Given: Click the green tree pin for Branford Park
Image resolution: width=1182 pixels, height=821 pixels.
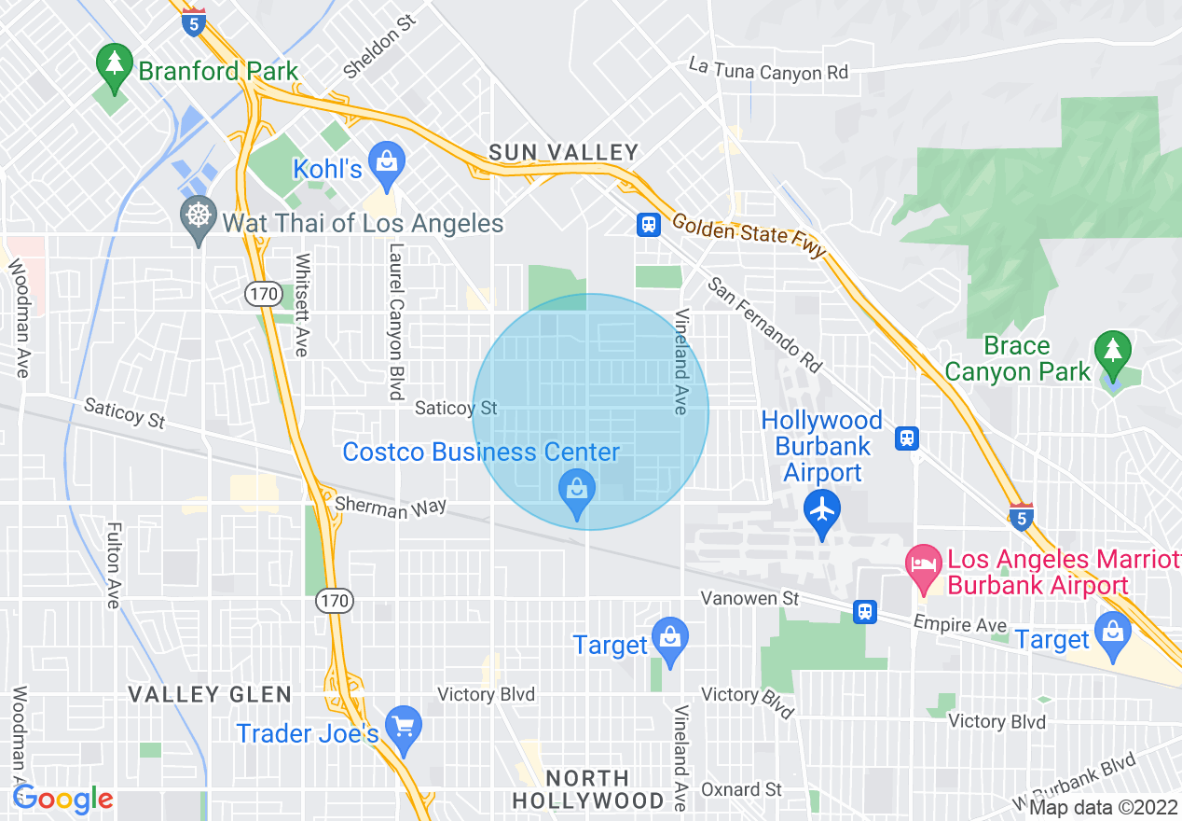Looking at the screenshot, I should coord(114,66).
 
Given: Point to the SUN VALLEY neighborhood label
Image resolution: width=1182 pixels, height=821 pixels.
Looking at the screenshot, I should coord(565,152).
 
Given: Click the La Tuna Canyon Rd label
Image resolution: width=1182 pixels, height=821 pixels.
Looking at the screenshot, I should coord(768,69).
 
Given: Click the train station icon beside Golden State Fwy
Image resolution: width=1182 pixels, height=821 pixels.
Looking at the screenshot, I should coord(648,224).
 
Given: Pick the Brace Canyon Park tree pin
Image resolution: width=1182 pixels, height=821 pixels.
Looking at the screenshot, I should coord(1112,352).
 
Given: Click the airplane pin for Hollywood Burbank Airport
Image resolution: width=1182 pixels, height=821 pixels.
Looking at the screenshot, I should coord(822,511).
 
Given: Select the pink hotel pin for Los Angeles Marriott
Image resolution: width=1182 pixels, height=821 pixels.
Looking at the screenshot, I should coord(924,566).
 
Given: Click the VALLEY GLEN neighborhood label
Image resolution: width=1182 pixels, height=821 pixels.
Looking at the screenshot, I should coord(210,694).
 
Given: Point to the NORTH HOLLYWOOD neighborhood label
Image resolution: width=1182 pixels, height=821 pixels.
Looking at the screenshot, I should coord(588,789).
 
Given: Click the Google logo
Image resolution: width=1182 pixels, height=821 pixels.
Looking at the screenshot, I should coord(62,800).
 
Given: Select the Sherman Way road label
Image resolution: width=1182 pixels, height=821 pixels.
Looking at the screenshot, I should coord(391,507).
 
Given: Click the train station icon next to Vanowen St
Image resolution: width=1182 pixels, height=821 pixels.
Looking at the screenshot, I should coord(865,611).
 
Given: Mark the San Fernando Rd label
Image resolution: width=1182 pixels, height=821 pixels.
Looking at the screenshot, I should coord(766,322).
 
